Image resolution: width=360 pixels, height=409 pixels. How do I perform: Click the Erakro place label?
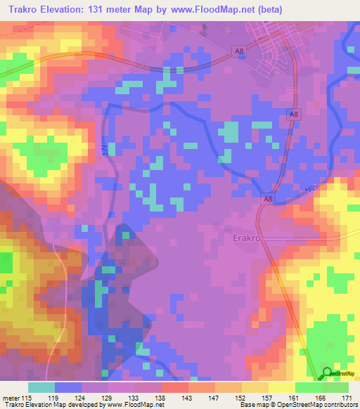click(247, 238)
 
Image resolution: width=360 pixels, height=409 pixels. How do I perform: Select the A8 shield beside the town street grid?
click(240, 50)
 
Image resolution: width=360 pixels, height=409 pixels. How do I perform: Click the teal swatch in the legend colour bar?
click(41, 387)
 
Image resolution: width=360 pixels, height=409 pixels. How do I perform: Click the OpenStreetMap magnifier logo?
click(328, 374)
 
